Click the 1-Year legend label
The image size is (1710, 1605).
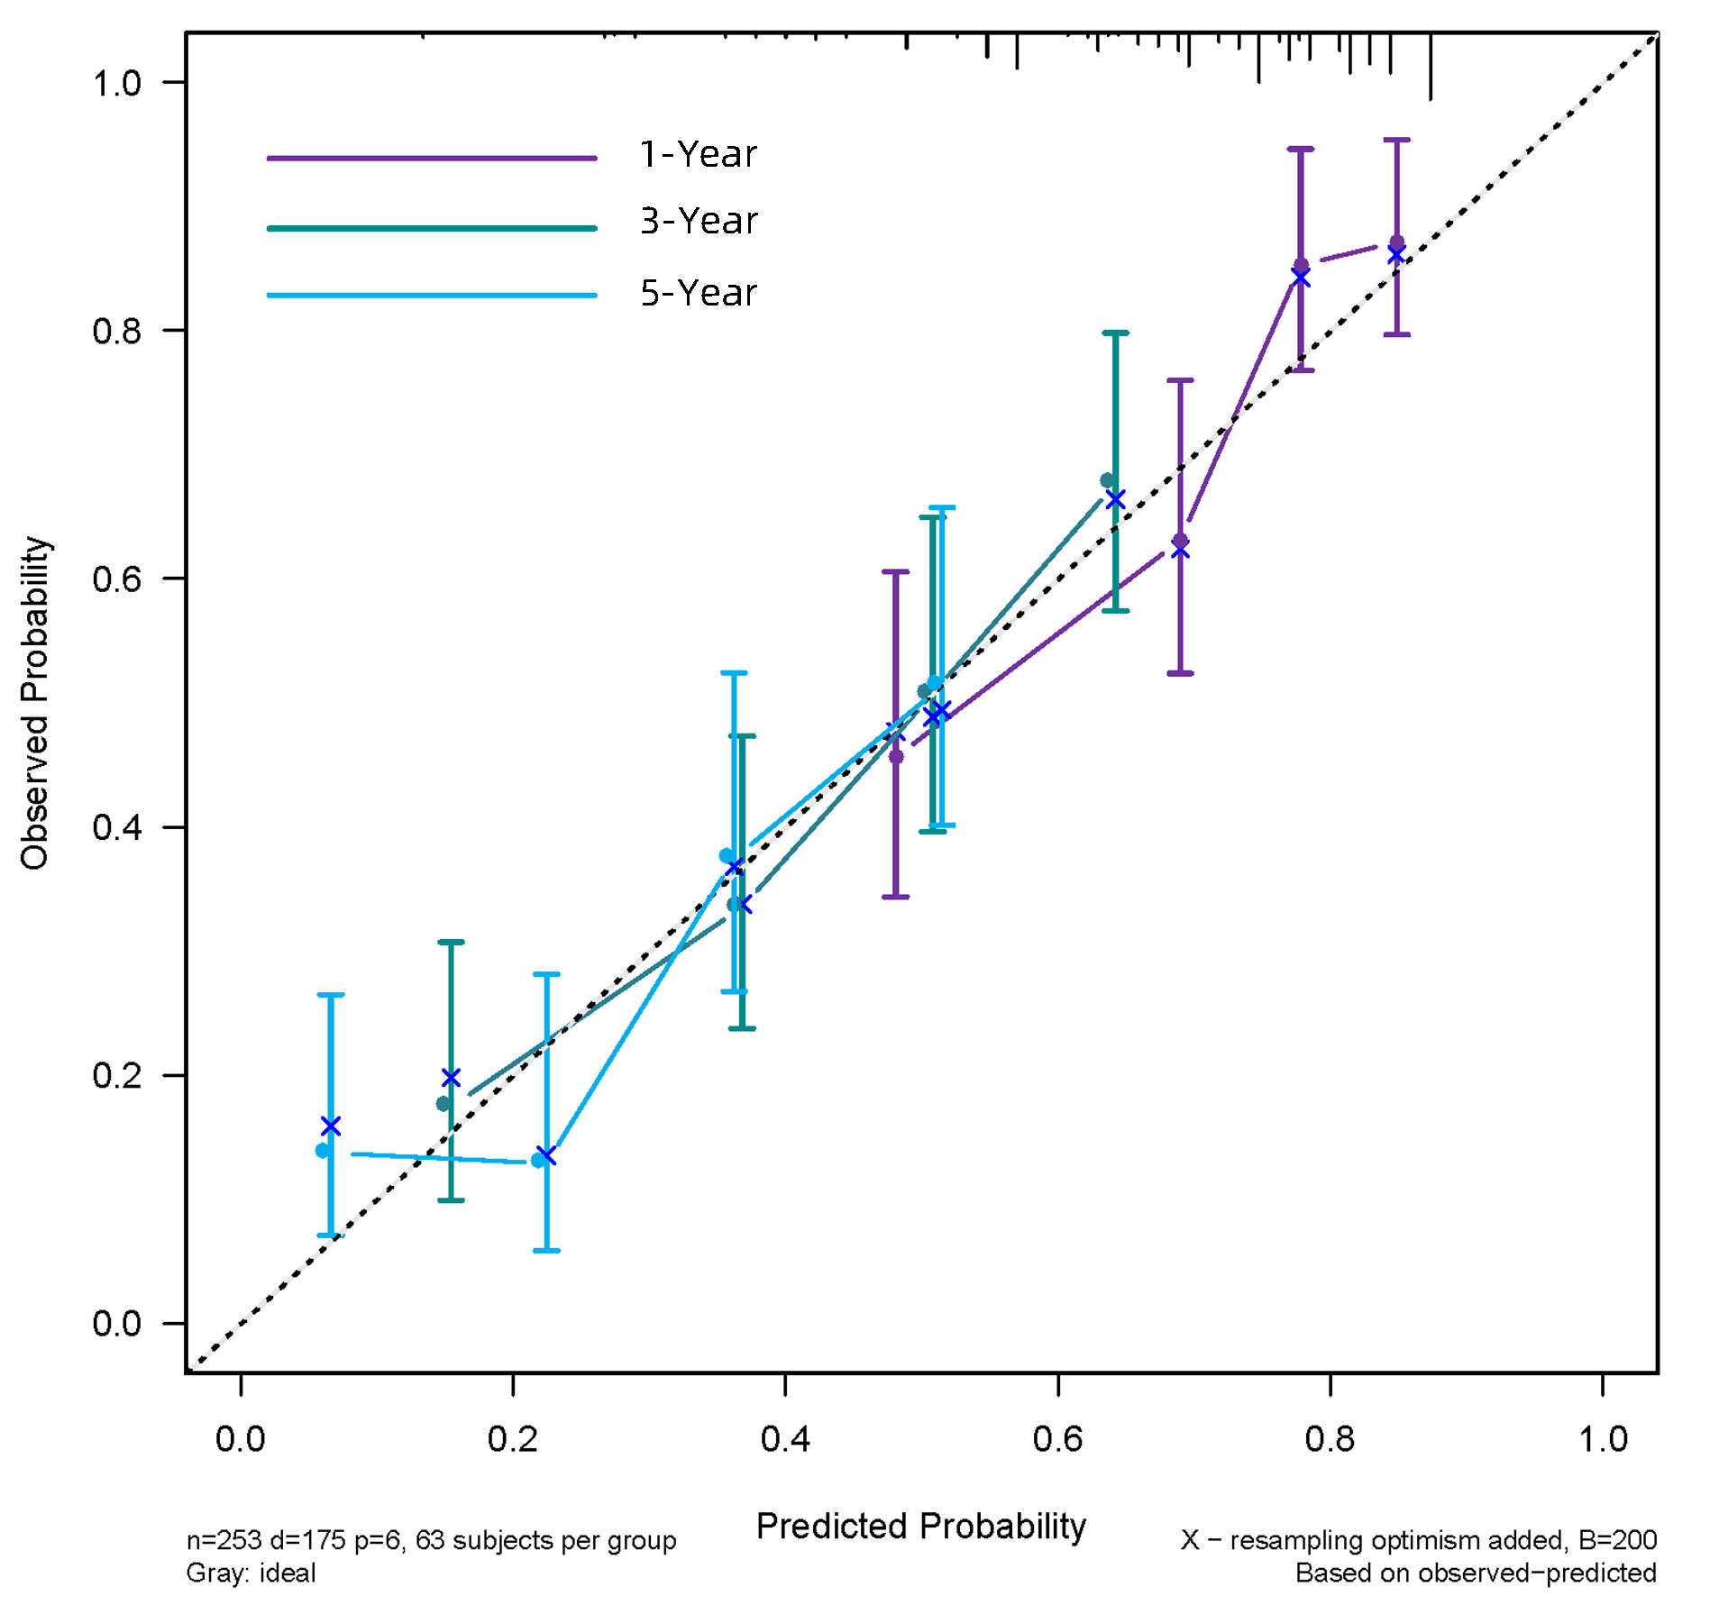(698, 154)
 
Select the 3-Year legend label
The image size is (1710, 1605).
(699, 221)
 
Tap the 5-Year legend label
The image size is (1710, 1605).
(699, 293)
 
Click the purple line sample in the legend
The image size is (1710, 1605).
(431, 158)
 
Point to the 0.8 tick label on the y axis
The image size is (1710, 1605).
(117, 331)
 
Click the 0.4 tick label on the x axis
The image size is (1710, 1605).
(784, 1439)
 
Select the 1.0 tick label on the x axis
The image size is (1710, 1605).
(1603, 1439)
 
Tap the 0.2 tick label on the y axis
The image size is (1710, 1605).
(117, 1075)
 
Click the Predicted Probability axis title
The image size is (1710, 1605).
(920, 1526)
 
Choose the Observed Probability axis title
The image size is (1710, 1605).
(34, 703)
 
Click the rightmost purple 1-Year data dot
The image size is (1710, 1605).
(1396, 242)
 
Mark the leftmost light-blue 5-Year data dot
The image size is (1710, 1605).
(323, 1151)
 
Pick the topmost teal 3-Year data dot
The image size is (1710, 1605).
(1107, 480)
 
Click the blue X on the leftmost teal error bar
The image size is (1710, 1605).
(451, 1078)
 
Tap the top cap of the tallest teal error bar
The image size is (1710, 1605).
(1115, 333)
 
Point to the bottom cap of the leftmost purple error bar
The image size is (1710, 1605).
(895, 897)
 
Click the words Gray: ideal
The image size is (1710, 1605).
(251, 1573)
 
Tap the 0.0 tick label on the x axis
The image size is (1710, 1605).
(241, 1439)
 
